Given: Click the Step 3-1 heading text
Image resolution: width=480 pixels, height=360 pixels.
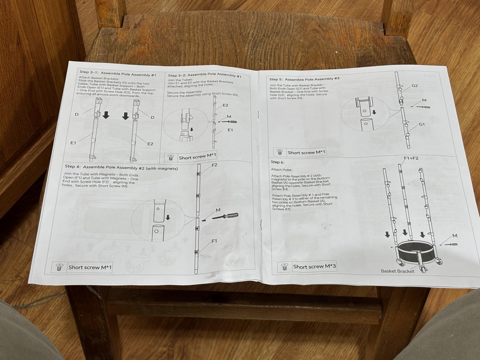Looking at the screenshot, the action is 118,73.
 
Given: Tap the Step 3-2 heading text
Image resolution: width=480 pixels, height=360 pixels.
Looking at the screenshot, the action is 204,75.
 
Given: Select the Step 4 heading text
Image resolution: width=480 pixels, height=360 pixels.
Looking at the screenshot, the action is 121,167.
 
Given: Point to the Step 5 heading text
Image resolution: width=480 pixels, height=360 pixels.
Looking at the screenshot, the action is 304,79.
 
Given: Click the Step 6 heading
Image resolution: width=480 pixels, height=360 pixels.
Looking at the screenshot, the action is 277,162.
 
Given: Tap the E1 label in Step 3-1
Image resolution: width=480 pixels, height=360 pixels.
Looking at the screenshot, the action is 73,143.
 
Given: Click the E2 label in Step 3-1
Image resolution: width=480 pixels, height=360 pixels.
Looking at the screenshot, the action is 150,144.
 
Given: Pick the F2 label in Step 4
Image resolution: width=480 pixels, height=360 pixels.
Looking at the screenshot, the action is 214,165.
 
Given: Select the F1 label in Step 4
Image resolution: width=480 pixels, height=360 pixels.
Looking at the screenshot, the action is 214,241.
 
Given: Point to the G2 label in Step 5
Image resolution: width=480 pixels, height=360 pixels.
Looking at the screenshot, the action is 415,86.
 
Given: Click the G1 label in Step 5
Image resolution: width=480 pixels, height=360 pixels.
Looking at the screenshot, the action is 421,124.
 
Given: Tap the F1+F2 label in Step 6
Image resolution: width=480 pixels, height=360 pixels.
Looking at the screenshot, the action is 411,158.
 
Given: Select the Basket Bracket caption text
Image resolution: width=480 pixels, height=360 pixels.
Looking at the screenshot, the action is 397,271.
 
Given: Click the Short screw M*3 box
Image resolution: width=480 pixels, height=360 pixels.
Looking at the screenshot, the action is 307,266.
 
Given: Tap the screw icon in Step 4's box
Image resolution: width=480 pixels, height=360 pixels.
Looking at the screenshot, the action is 59,267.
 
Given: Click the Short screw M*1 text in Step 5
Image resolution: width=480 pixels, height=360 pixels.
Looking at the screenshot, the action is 306,152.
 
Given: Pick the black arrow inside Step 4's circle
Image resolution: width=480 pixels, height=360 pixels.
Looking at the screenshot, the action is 168,217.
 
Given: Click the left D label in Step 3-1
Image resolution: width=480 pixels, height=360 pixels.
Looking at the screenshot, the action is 76,114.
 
